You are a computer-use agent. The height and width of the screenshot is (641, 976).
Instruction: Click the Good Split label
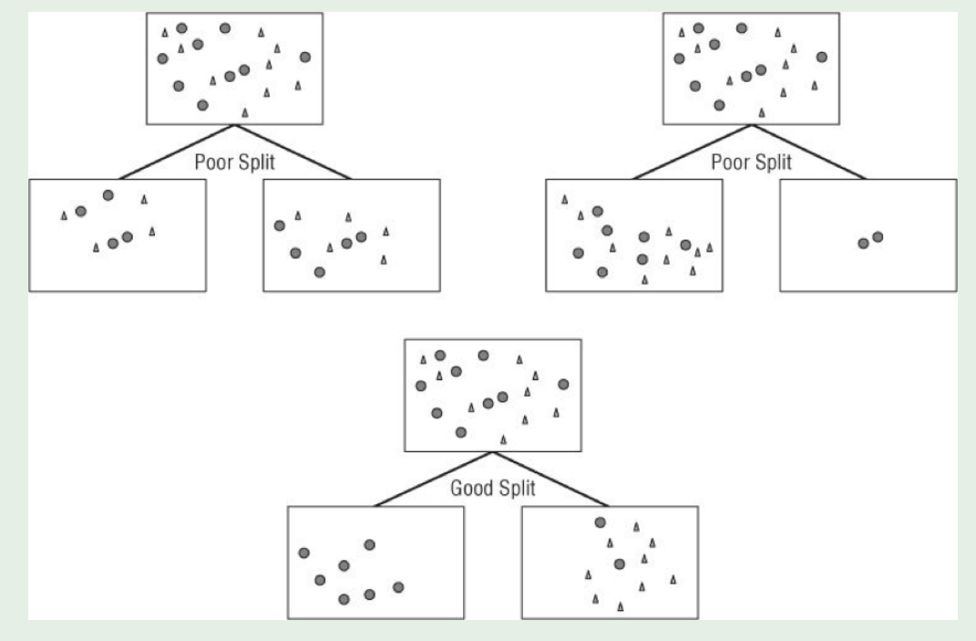(x=493, y=488)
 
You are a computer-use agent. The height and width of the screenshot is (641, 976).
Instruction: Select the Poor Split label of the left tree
(x=235, y=161)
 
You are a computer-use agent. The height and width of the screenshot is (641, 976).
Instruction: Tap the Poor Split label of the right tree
(x=751, y=161)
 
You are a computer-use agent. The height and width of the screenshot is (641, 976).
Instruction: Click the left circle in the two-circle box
(x=863, y=243)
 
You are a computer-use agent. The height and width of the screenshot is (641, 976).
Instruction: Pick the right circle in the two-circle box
(x=878, y=237)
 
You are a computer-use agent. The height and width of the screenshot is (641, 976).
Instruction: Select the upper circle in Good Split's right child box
(x=600, y=522)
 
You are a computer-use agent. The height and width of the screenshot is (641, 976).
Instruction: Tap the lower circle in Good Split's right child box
(x=620, y=563)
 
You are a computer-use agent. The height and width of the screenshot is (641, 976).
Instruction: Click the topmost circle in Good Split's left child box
(x=369, y=545)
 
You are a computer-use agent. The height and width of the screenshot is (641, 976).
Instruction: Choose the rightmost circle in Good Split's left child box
(x=398, y=586)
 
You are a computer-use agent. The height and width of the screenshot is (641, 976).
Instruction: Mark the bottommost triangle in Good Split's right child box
(x=621, y=606)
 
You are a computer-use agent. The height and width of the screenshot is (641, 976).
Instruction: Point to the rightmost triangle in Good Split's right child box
(x=673, y=579)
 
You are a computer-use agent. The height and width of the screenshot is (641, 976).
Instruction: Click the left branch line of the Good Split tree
(x=434, y=479)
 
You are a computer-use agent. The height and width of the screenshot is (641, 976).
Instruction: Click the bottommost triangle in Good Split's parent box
(x=503, y=439)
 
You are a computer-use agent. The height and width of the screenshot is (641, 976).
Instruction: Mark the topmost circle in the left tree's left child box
(x=108, y=195)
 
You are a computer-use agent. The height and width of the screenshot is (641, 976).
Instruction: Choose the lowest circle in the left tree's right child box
(x=319, y=272)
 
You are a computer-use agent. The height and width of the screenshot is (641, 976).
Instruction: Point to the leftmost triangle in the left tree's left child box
(x=64, y=215)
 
